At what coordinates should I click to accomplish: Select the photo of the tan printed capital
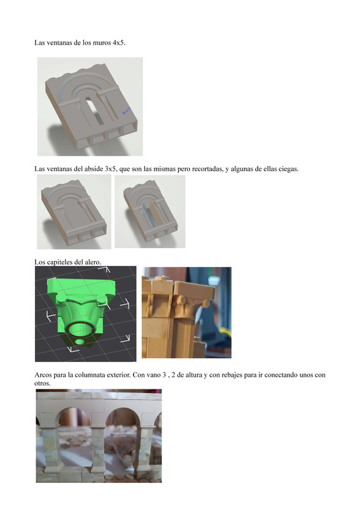186,312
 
